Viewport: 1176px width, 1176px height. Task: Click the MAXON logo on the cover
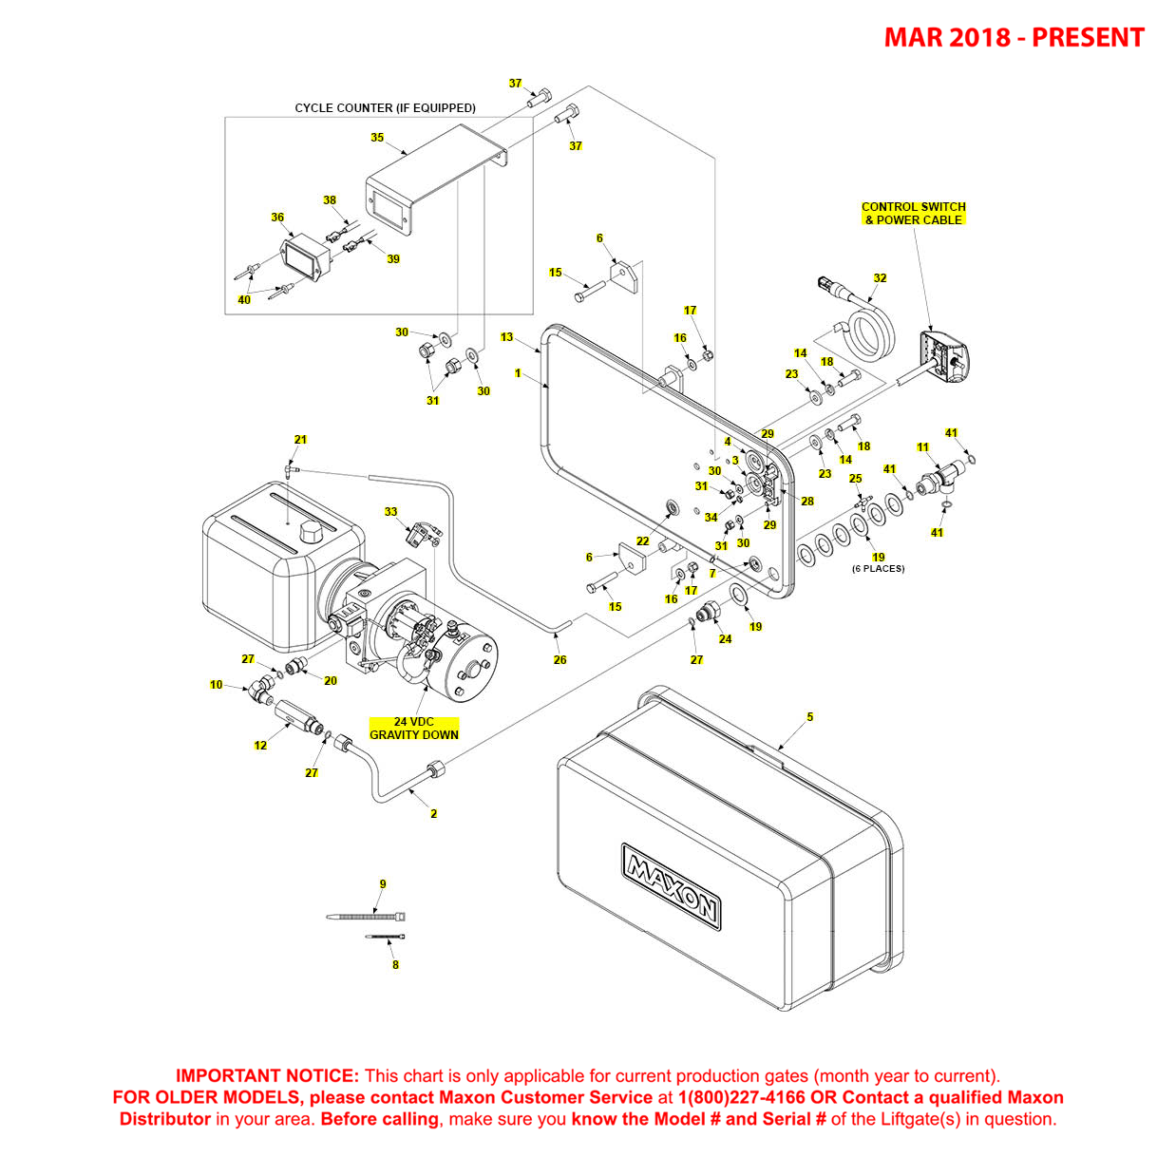tap(671, 885)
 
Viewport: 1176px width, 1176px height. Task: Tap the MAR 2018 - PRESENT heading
tap(1014, 38)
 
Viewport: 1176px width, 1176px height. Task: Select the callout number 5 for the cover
tap(809, 717)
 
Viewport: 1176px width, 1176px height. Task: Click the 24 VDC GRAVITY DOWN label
tap(414, 729)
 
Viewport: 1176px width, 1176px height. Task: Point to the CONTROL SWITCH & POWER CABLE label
tap(913, 213)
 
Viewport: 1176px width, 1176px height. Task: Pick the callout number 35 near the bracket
tap(377, 138)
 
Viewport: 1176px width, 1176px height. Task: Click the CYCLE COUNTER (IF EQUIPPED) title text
tap(385, 108)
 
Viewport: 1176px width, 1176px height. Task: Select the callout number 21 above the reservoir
tap(300, 440)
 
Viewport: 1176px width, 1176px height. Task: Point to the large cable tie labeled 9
tap(366, 917)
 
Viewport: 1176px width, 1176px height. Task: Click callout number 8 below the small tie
tap(395, 965)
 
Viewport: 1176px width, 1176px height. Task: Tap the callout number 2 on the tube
tap(433, 814)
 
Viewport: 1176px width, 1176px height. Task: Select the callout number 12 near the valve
tap(260, 746)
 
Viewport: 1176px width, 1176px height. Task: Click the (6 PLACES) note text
tap(878, 569)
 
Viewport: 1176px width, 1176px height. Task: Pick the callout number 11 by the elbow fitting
tap(922, 447)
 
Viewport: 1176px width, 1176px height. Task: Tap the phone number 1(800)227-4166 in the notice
tap(741, 1097)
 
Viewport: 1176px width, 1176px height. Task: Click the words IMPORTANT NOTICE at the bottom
tap(267, 1076)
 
